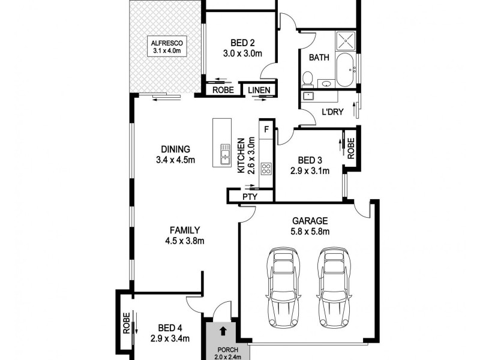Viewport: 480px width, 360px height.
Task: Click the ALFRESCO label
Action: coord(166,43)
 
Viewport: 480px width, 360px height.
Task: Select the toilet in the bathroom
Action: coord(308,79)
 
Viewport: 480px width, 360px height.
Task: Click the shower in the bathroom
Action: coord(345,40)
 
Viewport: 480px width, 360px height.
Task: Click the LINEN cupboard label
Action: coord(259,91)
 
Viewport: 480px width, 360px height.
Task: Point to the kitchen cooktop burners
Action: coord(266,169)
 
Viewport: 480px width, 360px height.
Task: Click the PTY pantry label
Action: coord(250,196)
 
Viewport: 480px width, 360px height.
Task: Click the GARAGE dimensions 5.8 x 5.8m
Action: coord(310,232)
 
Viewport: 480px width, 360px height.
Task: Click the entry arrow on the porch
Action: coord(223,330)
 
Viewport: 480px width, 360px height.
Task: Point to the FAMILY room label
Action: coord(185,230)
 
